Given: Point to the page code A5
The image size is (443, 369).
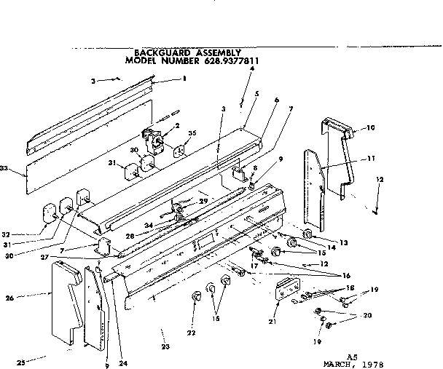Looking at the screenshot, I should point(352,355).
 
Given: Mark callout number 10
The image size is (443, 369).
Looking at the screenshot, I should point(371,128).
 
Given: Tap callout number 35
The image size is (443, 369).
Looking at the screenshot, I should point(192,134).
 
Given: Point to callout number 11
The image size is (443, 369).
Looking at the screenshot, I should point(371,158).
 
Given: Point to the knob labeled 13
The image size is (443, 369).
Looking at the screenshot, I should point(307,235).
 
